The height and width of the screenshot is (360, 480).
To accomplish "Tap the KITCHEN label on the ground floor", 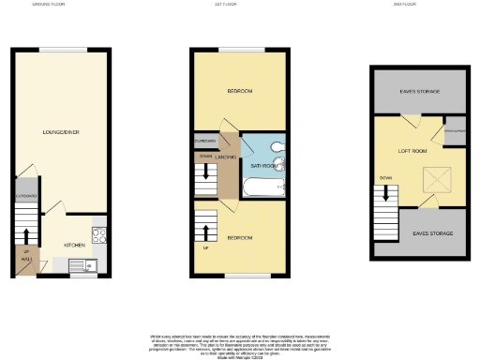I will (x=75, y=245).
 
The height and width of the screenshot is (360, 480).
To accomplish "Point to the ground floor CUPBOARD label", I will (x=26, y=196).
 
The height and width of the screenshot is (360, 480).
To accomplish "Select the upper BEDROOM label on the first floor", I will (x=239, y=92).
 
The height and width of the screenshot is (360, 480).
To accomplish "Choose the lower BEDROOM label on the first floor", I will (x=239, y=238).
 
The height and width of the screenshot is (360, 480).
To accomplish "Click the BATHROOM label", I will (x=262, y=166).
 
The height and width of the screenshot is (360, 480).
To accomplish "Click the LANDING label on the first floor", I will (x=225, y=157).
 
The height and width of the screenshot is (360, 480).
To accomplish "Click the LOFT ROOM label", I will (x=412, y=151).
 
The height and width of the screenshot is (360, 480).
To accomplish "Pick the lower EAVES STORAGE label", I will (x=432, y=232).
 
